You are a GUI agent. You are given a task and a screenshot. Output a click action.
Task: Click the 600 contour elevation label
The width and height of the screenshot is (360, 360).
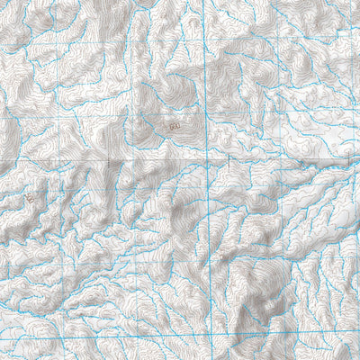coord(175,129)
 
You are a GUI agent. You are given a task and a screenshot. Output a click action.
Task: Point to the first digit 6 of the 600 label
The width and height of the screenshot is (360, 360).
coord(171,129)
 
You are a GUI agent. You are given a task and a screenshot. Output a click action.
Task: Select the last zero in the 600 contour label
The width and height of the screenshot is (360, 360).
coord(178,129)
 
